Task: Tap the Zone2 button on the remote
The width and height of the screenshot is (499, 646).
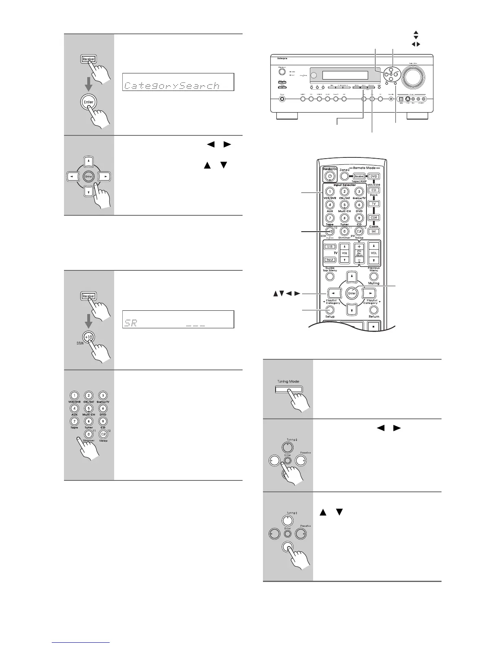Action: coord(344,176)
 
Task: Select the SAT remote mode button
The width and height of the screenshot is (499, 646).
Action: coord(374,231)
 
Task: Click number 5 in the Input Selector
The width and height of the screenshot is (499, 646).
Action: coord(344,205)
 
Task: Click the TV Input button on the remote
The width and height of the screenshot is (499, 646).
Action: coord(330,260)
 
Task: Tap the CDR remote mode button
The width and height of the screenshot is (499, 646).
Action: coord(374,217)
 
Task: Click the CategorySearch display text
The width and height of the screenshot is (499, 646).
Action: coord(172,86)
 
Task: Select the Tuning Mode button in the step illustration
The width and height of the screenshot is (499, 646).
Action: coord(289,389)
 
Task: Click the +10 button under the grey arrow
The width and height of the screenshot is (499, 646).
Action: coord(88,338)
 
